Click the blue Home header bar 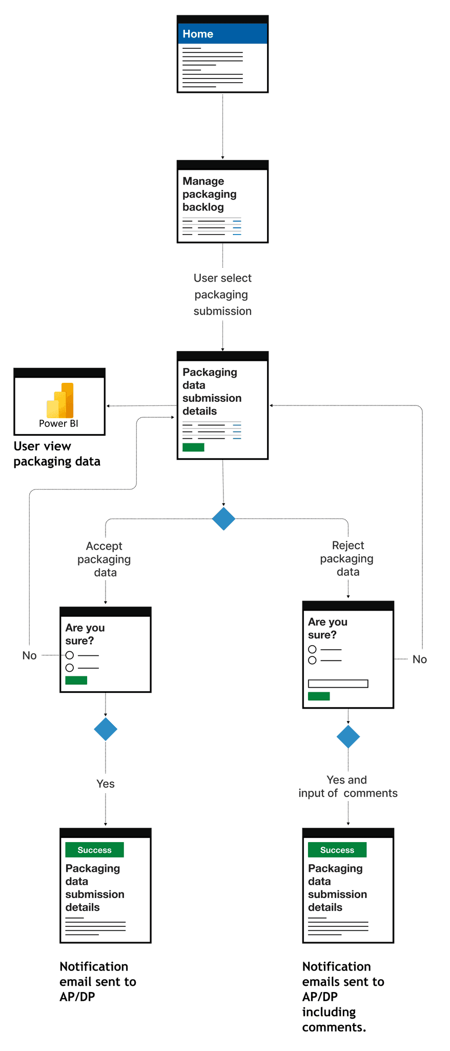[222, 33]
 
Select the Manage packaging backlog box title [210, 194]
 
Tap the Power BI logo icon [60, 400]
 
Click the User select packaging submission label [222, 295]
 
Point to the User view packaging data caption [57, 454]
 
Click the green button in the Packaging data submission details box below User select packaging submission [193, 447]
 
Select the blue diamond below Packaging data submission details [223, 519]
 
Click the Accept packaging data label [105, 559]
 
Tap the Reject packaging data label [347, 558]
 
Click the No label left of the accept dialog [29, 655]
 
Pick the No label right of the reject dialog [419, 659]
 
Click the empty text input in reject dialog [338, 684]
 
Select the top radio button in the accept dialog [70, 655]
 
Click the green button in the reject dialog [319, 696]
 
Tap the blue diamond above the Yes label [106, 729]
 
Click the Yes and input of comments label [348, 786]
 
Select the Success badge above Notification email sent [94, 850]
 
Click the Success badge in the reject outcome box [337, 850]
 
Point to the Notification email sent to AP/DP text [98, 981]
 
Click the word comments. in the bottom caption [334, 1027]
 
